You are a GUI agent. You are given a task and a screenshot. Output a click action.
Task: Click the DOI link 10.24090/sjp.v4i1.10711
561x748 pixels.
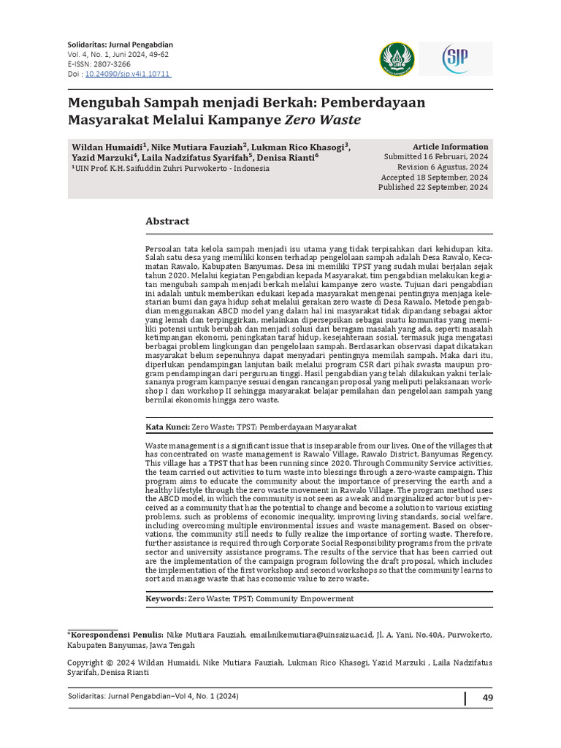(x=128, y=74)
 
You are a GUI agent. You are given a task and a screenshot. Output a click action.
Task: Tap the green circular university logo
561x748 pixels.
(x=397, y=58)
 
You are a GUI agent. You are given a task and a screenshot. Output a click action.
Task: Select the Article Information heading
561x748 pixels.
(x=450, y=147)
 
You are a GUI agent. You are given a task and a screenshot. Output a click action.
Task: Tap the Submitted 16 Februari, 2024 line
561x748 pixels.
(x=436, y=157)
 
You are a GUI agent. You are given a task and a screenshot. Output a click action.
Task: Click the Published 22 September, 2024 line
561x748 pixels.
(x=433, y=188)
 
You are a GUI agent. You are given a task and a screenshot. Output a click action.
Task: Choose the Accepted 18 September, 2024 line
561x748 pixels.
(x=435, y=178)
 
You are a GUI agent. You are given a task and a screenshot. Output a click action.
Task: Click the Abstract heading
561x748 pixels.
(x=167, y=221)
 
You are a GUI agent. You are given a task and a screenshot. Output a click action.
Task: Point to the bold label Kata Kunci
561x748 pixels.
(x=167, y=427)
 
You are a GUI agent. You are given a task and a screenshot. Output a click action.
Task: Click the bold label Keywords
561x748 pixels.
(x=166, y=598)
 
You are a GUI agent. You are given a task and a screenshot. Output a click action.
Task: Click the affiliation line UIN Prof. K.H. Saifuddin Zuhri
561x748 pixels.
(x=171, y=168)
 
